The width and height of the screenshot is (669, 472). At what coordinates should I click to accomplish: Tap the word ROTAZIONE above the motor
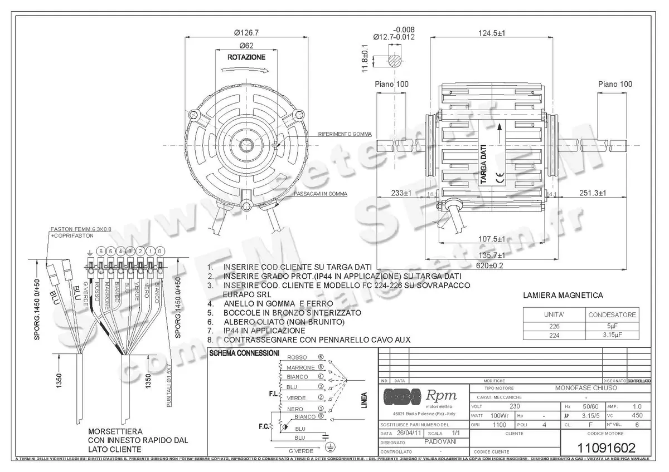246,57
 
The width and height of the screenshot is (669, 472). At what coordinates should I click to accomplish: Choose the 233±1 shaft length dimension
401,193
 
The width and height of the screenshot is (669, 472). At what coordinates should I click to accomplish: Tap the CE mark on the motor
500,178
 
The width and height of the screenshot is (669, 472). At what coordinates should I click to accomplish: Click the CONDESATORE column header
612,314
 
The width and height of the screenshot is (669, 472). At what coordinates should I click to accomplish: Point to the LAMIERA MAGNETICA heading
563,296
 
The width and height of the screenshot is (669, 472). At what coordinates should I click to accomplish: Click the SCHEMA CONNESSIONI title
244,353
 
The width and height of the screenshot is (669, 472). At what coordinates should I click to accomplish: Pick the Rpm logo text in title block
441,396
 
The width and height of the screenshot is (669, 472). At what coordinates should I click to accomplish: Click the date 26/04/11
408,432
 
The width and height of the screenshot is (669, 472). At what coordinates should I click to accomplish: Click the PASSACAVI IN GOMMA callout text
320,194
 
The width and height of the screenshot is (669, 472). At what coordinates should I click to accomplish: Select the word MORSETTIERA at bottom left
114,431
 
